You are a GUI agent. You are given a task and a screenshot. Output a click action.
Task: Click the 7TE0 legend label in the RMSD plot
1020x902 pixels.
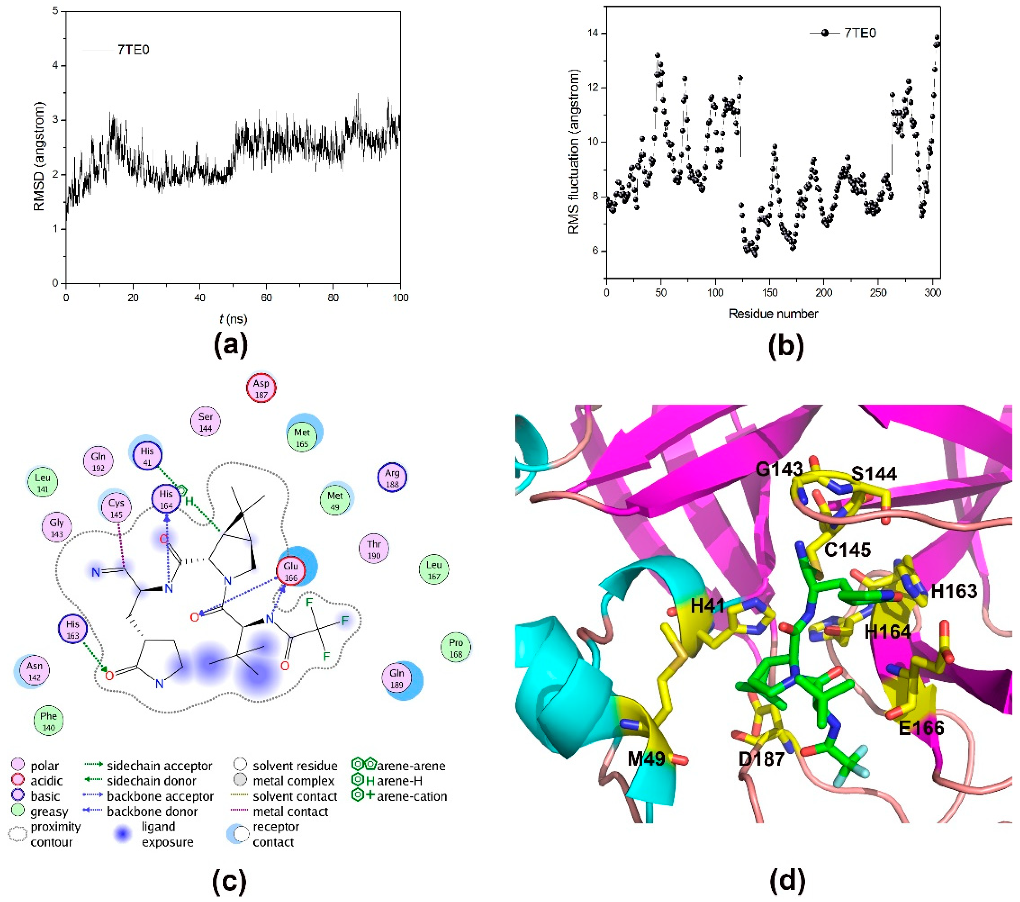[133, 50]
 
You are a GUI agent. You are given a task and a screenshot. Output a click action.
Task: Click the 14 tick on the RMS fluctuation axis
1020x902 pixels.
[592, 33]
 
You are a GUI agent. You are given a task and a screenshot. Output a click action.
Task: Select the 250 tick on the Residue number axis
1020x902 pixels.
[878, 292]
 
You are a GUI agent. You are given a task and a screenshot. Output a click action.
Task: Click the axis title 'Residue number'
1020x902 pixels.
[773, 314]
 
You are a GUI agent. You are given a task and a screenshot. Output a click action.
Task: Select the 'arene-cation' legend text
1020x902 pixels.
[412, 796]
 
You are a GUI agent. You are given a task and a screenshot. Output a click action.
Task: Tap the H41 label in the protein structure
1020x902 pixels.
[708, 606]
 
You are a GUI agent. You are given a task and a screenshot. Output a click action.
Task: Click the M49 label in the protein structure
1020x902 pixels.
[646, 759]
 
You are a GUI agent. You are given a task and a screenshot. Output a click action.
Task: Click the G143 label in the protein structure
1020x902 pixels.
[779, 469]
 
